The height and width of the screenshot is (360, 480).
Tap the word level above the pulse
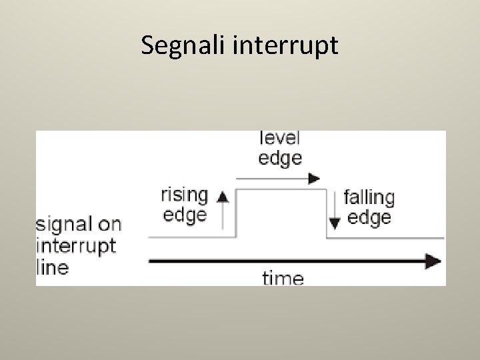coord(279,138)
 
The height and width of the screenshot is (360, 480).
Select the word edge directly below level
coord(279,158)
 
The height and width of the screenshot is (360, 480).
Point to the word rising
coord(185,195)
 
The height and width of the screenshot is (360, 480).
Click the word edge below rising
coord(185,215)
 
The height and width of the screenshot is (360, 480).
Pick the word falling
coord(369,198)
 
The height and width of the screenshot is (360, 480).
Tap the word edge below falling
coord(369,218)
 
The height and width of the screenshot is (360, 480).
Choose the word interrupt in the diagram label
coord(76,246)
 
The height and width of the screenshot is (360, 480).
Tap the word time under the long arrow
coord(282,277)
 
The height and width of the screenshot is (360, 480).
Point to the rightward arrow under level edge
coord(279,178)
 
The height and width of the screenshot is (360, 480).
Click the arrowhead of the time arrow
coord(433,260)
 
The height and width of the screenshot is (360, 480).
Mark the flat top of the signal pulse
coord(282,190)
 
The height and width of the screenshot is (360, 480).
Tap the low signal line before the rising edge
coord(190,237)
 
